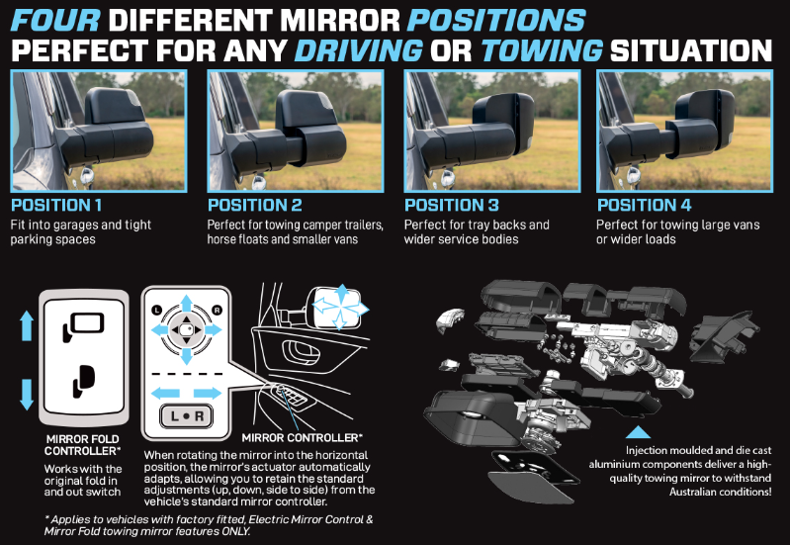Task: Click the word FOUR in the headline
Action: pos(55,20)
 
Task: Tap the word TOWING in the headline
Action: pos(542,50)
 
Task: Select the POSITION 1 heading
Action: pos(56,205)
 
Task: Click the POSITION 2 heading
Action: pos(255,205)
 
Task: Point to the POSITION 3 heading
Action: pos(452,205)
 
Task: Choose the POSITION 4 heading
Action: pos(644,205)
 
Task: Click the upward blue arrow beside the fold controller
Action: pos(27,325)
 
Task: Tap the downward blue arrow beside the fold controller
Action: pos(27,395)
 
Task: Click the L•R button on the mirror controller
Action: pos(187,416)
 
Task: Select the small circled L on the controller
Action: pos(156,310)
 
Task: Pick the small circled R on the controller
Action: pos(218,310)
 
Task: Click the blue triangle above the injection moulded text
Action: pos(638,432)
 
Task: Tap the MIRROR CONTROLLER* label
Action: pos(303,437)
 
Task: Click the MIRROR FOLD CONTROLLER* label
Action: pos(83,445)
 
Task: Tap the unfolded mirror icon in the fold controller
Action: pos(84,327)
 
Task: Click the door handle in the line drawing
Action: pos(301,352)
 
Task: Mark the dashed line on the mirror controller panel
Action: pos(187,374)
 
